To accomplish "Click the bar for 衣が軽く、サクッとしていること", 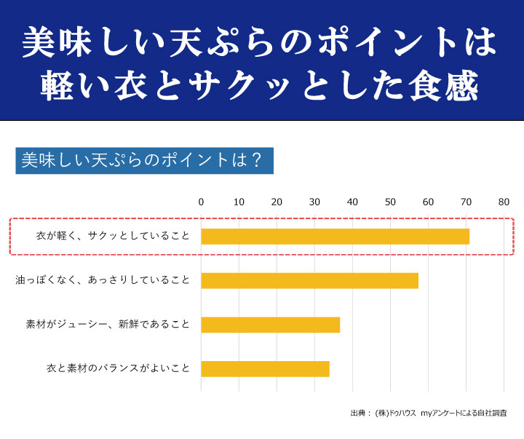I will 335,237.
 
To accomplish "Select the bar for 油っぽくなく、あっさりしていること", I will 309,280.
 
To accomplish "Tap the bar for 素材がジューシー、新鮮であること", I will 270,325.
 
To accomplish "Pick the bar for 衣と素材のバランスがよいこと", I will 265,368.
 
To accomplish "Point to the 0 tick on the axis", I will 201,202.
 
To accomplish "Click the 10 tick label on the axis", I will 239,202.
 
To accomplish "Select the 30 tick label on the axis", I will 314,202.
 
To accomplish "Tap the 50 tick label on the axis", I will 390,202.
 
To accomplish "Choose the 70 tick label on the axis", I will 466,202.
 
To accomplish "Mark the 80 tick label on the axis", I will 504,202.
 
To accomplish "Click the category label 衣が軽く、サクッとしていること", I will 113,237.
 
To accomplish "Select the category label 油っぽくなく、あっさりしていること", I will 103,280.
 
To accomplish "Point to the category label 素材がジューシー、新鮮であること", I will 108,325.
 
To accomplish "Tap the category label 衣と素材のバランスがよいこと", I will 118,368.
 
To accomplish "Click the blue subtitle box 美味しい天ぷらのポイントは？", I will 144,160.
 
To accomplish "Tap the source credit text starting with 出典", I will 428,413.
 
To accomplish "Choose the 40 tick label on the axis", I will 352,202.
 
